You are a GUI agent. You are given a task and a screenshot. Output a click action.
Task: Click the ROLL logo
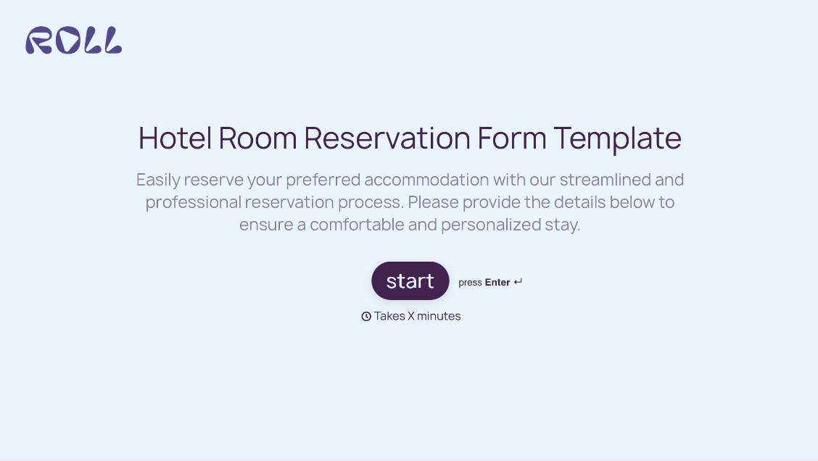point(73,41)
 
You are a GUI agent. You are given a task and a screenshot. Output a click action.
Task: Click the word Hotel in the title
point(175,138)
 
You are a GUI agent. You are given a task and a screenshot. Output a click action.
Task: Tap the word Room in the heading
point(257,138)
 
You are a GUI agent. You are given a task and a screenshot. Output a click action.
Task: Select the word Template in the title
point(617,138)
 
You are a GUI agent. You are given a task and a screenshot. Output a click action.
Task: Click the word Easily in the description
point(157,180)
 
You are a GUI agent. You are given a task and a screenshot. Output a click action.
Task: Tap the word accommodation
point(426,180)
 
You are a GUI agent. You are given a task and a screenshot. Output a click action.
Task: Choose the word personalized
point(490,225)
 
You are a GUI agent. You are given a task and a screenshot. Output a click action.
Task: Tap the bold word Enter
point(497,283)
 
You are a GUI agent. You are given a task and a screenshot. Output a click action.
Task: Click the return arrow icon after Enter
point(518,282)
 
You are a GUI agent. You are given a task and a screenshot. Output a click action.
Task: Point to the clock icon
point(366,316)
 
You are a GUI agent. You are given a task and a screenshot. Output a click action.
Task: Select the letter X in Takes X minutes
point(411,316)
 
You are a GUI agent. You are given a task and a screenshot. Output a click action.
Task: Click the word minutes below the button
point(439,316)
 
